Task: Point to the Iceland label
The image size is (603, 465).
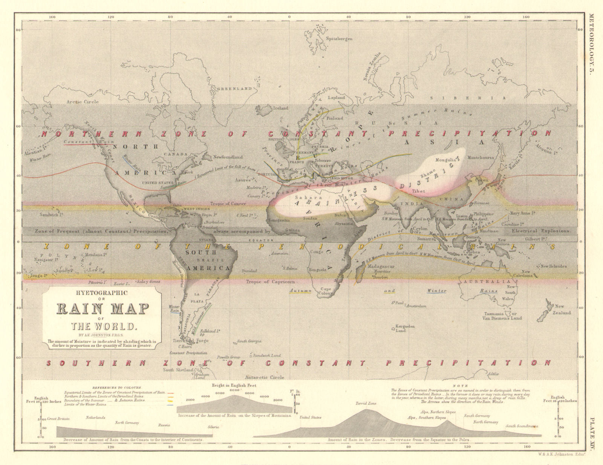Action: point(280,108)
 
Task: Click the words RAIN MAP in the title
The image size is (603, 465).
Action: point(103,309)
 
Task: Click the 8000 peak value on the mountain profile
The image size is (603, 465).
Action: point(234,390)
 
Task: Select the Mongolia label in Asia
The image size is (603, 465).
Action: point(446,160)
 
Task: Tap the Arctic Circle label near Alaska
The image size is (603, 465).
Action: point(83,102)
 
